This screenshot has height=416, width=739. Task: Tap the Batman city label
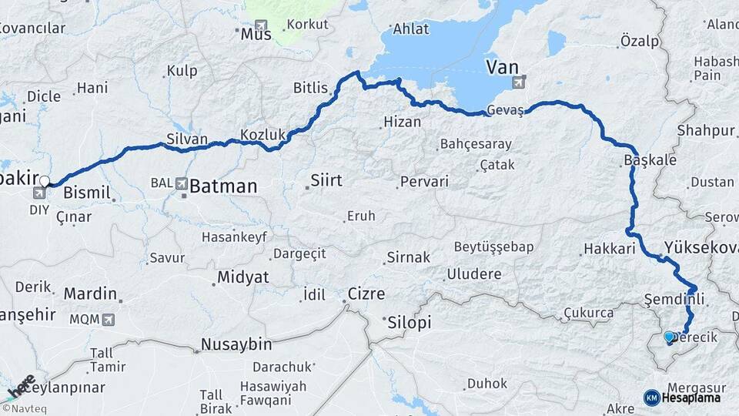click(223, 186)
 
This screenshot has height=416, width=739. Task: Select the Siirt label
click(326, 180)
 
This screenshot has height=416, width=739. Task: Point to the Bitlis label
click(310, 88)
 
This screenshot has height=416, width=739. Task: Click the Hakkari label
click(609, 249)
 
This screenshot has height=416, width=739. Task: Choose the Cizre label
click(366, 294)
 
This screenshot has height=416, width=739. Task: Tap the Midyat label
click(242, 277)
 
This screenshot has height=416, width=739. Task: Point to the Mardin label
click(90, 294)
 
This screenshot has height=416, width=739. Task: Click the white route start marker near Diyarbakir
click(45, 182)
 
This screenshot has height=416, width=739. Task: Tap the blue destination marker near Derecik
click(669, 337)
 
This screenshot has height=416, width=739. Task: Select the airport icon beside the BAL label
click(182, 183)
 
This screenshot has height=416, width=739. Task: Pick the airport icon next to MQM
click(107, 318)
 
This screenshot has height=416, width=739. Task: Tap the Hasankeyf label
click(232, 237)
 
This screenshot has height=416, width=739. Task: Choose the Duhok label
click(487, 383)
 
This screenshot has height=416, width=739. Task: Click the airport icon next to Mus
click(262, 26)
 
